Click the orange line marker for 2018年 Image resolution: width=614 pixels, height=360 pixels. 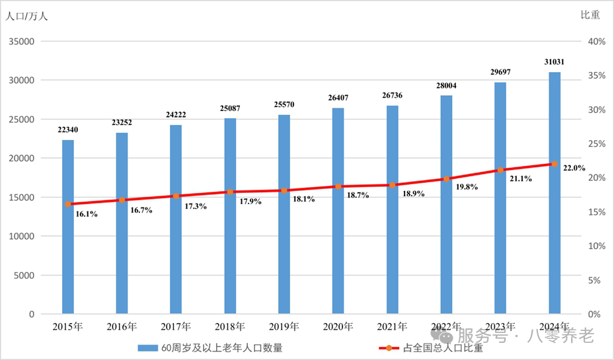pyautogui.click(x=230, y=192)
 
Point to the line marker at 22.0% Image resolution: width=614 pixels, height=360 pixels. pyautogui.click(x=555, y=164)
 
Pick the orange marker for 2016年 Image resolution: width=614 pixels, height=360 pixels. pyautogui.click(x=122, y=200)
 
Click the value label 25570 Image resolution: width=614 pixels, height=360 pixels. pyautogui.click(x=284, y=104)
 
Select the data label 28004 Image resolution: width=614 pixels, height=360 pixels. pyautogui.click(x=446, y=85)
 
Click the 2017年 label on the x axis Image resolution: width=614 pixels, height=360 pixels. pyautogui.click(x=176, y=326)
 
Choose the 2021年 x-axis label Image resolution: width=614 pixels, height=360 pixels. pyautogui.click(x=392, y=326)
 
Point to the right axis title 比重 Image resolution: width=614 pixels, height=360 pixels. pyautogui.click(x=590, y=15)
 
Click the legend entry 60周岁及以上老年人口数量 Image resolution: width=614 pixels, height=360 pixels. pyautogui.click(x=210, y=347)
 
